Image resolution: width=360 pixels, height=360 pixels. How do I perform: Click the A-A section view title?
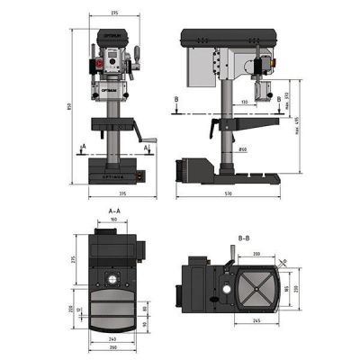(x=114, y=210)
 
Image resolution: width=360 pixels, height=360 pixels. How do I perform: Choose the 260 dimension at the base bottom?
(x=114, y=349)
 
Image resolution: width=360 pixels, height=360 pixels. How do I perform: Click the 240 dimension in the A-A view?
(x=114, y=340)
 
